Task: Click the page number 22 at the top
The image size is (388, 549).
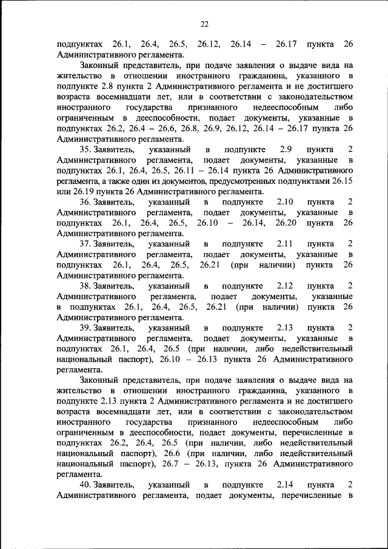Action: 204,24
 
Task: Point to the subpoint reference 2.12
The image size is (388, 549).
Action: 285,286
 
